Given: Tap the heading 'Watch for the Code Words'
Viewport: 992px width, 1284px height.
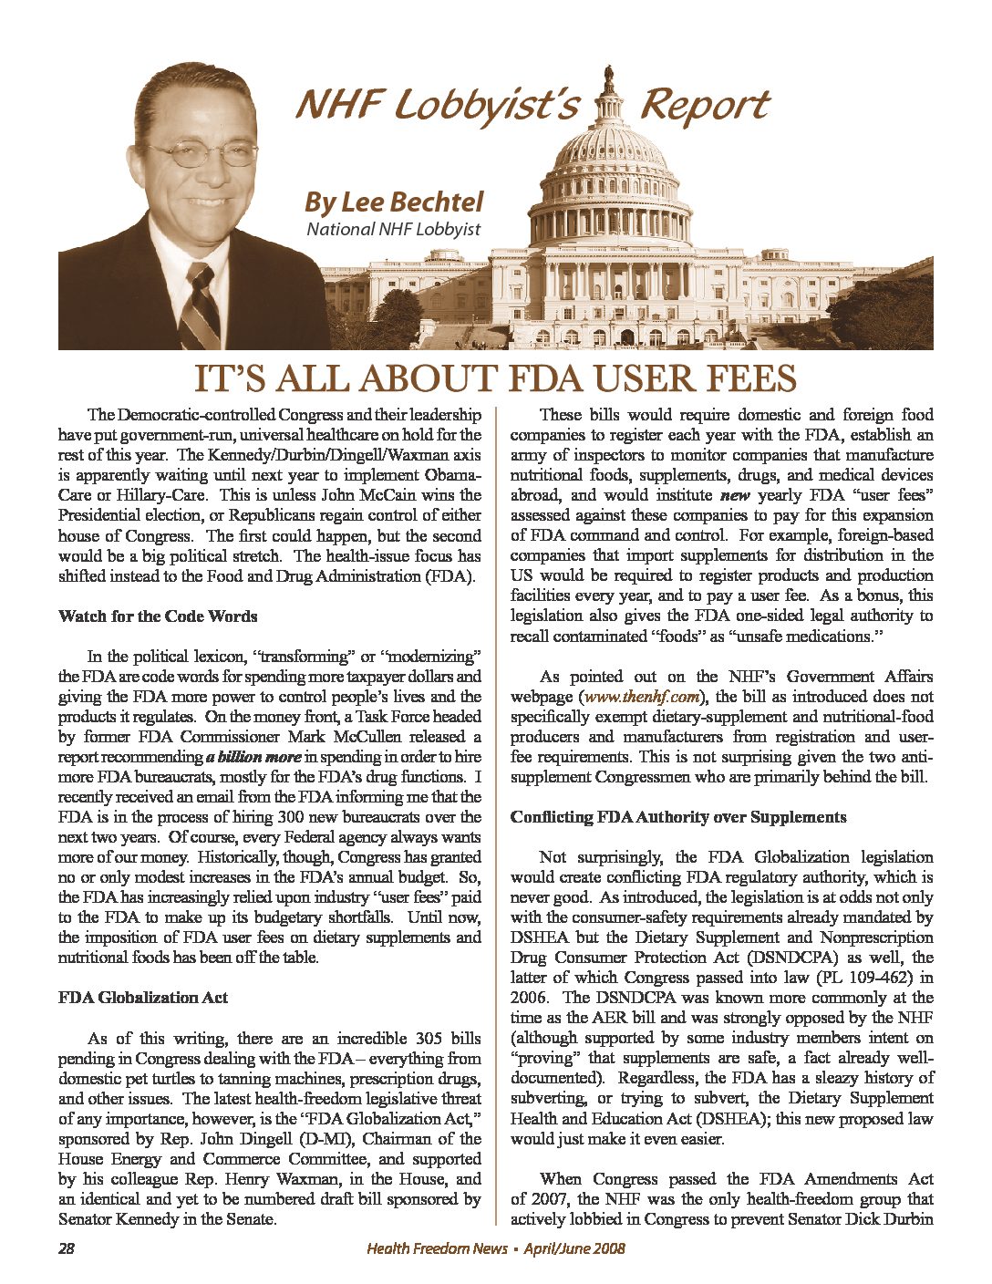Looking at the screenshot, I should tap(158, 616).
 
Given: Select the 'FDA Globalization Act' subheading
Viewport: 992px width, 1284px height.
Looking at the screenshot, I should tap(143, 998).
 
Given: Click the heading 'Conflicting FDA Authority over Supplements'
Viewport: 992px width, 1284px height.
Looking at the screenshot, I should tap(678, 817).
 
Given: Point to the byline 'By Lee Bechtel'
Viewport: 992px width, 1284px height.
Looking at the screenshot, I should tap(393, 201).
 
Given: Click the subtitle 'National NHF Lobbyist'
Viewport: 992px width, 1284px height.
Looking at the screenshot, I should tap(393, 229).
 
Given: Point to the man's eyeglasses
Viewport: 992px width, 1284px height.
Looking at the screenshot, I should tap(204, 151).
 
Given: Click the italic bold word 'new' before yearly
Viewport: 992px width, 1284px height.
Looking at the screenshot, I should tap(733, 496).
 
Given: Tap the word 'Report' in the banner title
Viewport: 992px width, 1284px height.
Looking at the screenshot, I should tap(704, 106).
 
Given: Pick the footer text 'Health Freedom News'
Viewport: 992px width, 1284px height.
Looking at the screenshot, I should tap(437, 1248).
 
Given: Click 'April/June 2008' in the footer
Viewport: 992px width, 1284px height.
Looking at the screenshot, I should tap(574, 1248).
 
